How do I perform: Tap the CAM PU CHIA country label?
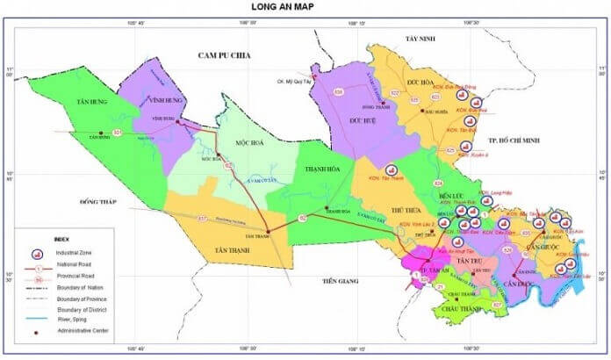tap(224, 55)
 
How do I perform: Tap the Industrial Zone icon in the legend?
tap(39, 253)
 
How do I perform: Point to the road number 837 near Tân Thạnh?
tap(203, 219)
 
